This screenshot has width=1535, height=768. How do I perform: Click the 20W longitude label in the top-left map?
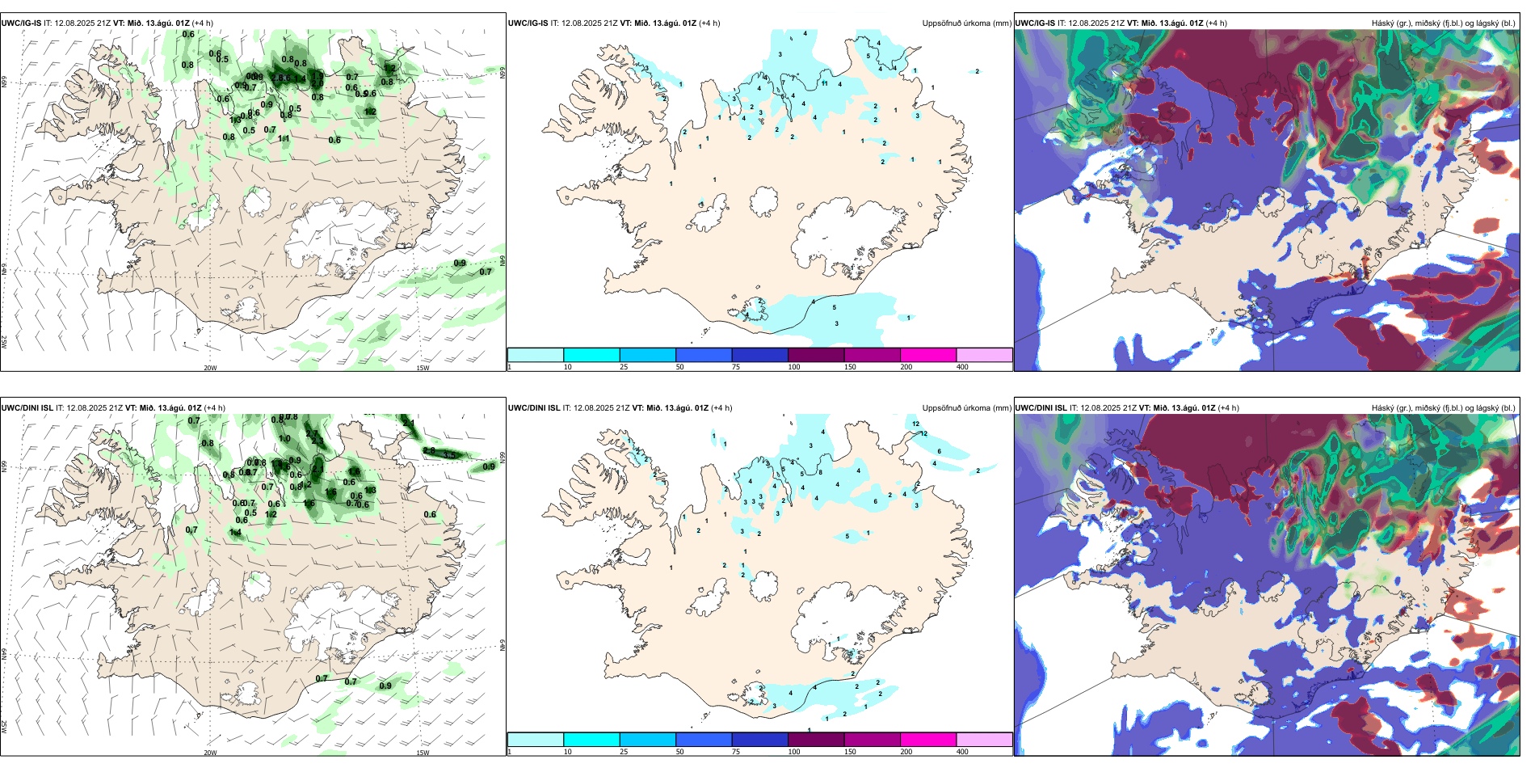pos(210,368)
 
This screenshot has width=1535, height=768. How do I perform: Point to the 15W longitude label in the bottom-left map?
pos(423,753)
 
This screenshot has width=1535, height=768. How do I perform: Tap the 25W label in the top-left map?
pos(4,342)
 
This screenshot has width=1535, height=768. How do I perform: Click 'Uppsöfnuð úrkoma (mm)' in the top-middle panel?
pos(966,23)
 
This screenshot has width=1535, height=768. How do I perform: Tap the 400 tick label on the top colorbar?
pos(962,367)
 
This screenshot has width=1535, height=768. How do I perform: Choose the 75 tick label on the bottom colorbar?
pos(736,752)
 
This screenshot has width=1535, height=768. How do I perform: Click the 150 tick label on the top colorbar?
pos(850,367)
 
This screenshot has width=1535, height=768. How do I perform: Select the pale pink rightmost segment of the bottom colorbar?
pos(984,740)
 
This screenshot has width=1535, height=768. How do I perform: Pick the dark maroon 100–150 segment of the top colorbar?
pos(816,355)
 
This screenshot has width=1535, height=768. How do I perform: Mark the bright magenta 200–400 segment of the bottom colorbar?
pos(928,740)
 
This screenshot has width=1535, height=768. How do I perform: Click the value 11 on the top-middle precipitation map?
pos(825,83)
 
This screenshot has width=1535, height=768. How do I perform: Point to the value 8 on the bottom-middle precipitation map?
pos(820,472)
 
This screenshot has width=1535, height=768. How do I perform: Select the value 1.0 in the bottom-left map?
pos(284,439)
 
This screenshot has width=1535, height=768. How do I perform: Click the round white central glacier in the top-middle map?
pos(763,202)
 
